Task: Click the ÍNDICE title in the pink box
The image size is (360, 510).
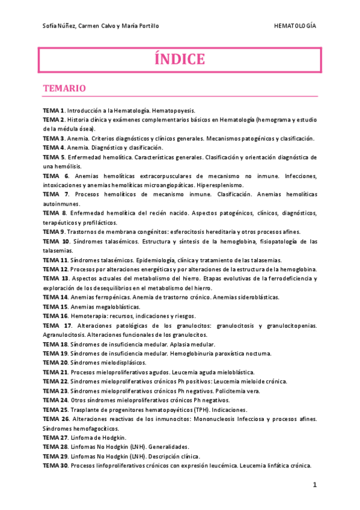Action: [x=180, y=60]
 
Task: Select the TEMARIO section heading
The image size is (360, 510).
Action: [x=64, y=88]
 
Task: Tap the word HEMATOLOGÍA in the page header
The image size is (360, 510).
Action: [x=295, y=26]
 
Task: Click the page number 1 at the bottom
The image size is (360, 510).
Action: [x=314, y=485]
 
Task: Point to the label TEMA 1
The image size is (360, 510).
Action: [x=53, y=112]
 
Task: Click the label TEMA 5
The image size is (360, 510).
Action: [x=53, y=157]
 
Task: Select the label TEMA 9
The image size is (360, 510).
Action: [x=53, y=232]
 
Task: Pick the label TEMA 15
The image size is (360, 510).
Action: [x=55, y=307]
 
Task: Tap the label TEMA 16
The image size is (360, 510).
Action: [x=55, y=316]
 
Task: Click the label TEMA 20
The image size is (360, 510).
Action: [x=55, y=363]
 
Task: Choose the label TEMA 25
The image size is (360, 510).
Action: [x=55, y=409]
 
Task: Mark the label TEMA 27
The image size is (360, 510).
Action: [x=55, y=437]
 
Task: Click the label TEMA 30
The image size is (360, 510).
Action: [x=55, y=465]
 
